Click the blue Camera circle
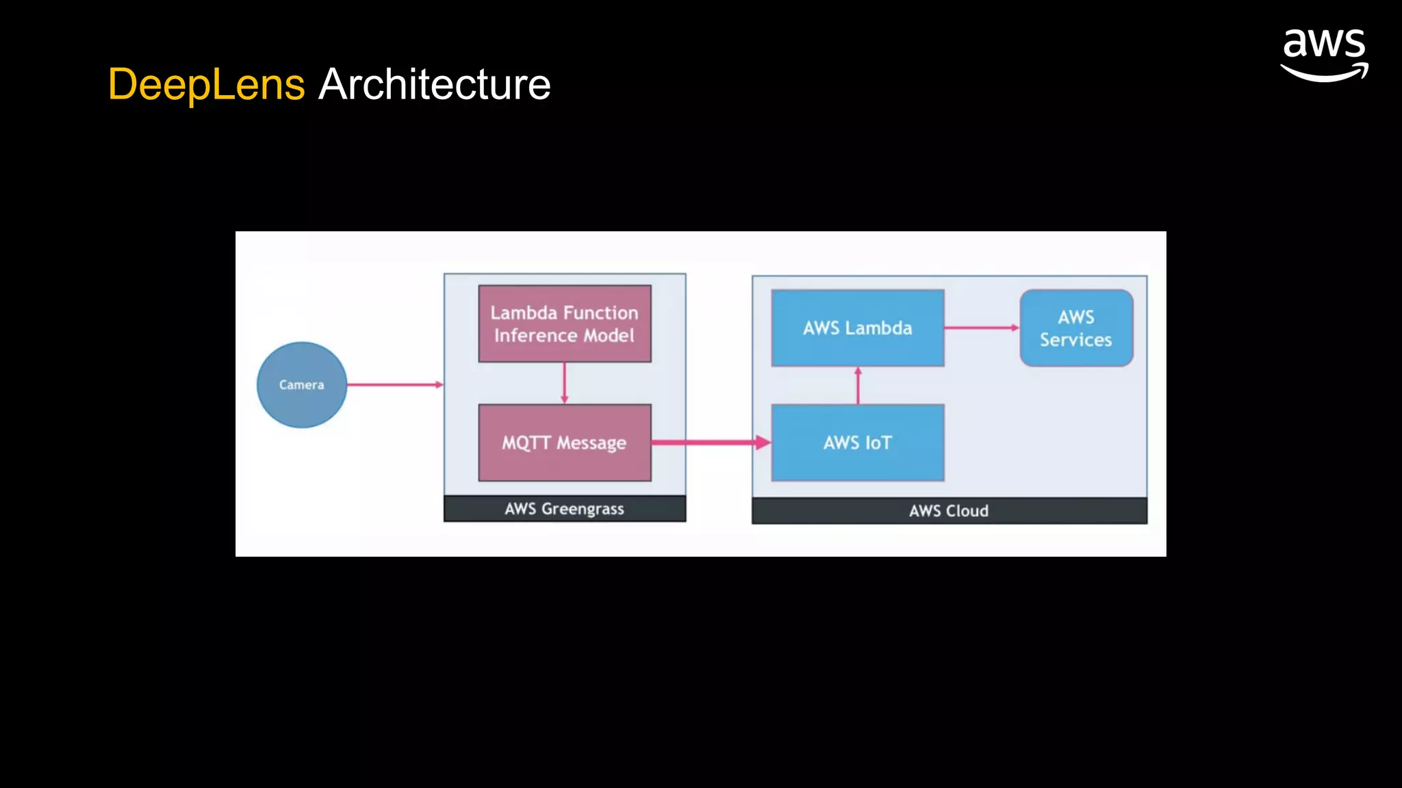(x=301, y=384)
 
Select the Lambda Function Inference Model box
(x=564, y=324)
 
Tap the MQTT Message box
(x=564, y=443)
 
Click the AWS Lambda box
(x=857, y=328)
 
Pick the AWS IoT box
(x=857, y=443)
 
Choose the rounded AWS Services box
(x=1075, y=328)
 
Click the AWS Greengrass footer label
(x=564, y=509)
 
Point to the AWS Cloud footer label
(x=948, y=511)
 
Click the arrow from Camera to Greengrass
(x=394, y=384)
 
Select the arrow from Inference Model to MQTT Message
(x=564, y=382)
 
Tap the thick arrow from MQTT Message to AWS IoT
(x=709, y=443)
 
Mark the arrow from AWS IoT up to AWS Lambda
(x=858, y=385)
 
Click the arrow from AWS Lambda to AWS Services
(x=981, y=328)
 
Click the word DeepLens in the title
(x=206, y=85)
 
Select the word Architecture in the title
(x=434, y=85)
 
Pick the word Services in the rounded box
(x=1075, y=340)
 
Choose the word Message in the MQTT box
(x=591, y=443)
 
